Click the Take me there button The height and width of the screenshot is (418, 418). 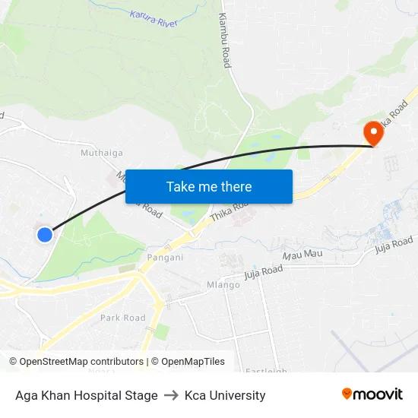coord(209,186)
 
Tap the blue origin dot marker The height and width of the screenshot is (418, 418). coord(45,235)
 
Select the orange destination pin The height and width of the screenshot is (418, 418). coord(374,134)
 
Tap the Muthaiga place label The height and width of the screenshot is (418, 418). coord(102,153)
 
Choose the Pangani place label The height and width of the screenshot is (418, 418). coord(165,257)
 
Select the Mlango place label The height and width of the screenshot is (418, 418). coord(223,285)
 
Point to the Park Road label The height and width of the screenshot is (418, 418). coord(123,318)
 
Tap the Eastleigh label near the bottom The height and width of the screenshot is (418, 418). coord(266,371)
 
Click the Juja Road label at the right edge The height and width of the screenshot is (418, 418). coord(394,244)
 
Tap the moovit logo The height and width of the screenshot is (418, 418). coord(372,394)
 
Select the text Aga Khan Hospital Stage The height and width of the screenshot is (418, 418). coord(87,395)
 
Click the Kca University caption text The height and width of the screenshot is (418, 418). coord(225,395)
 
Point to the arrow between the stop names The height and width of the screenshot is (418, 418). coord(171,395)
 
